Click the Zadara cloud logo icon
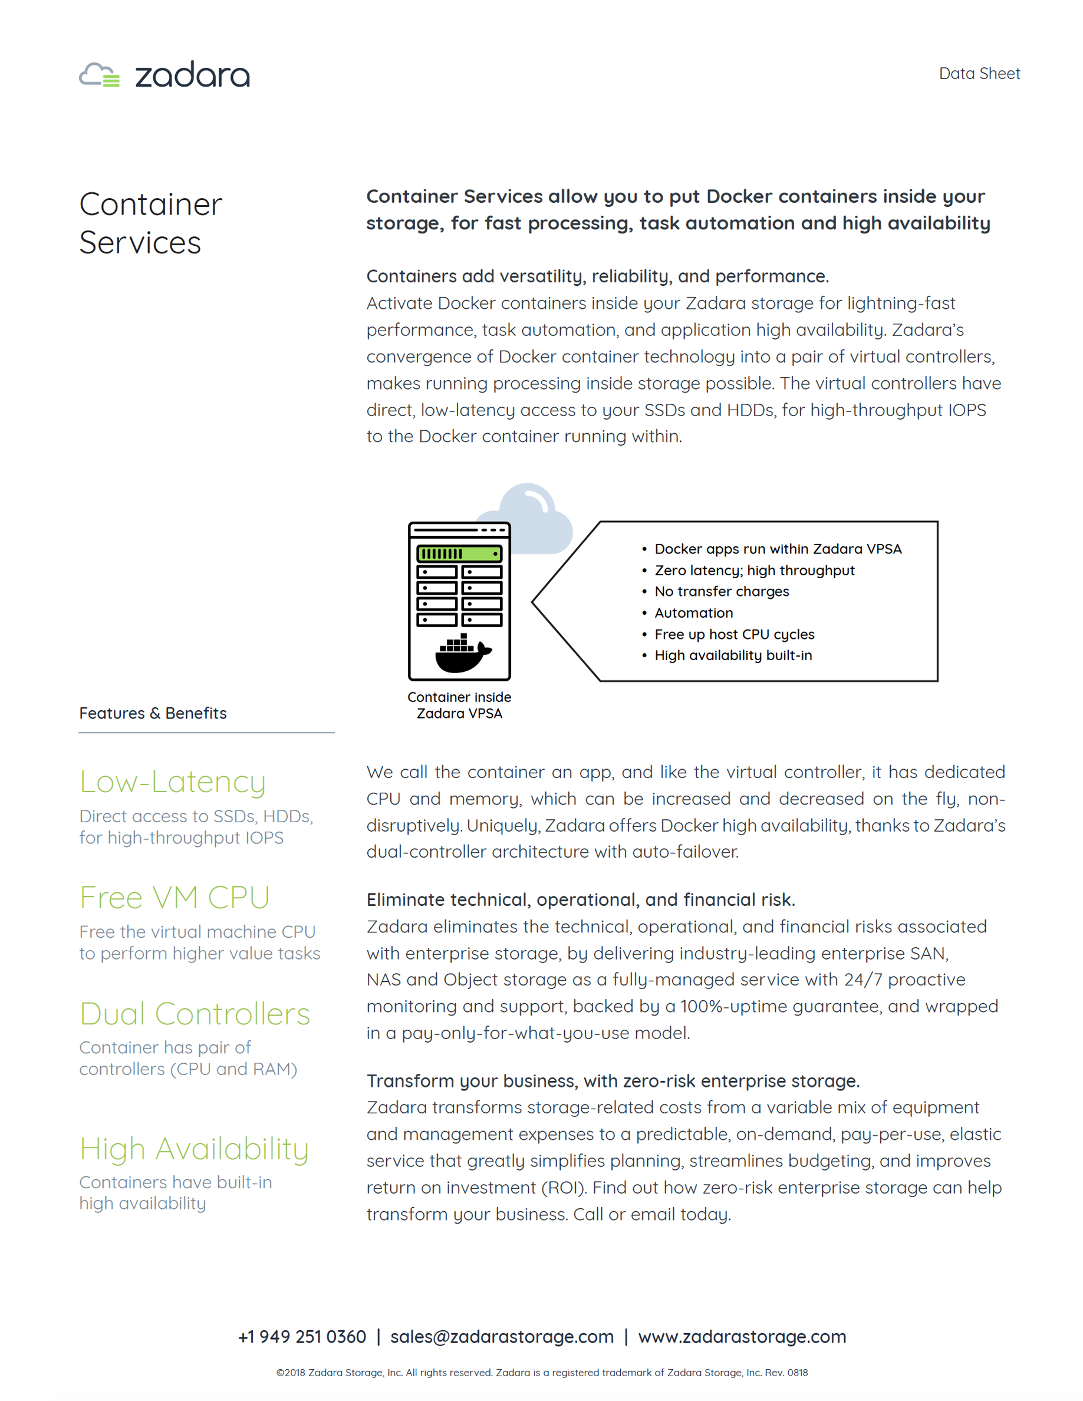coord(99,74)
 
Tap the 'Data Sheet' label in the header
coord(979,74)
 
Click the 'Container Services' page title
coord(150,223)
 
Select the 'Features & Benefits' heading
coord(153,713)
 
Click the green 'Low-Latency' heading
coord(172,782)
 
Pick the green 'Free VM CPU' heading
coord(175,898)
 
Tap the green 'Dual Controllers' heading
coord(195,1014)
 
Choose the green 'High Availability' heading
coord(194,1148)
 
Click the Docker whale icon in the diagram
coord(463,654)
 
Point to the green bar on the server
coord(459,553)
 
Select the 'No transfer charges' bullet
coord(721,591)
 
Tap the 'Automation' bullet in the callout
coord(693,612)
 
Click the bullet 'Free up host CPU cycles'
coord(734,634)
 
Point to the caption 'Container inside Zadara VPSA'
coord(459,705)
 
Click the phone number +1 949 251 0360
coord(302,1337)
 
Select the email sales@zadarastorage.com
coord(502,1337)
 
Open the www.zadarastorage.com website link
coord(742,1337)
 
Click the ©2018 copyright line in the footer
coord(541,1373)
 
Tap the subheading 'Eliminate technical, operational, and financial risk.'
coord(581,900)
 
